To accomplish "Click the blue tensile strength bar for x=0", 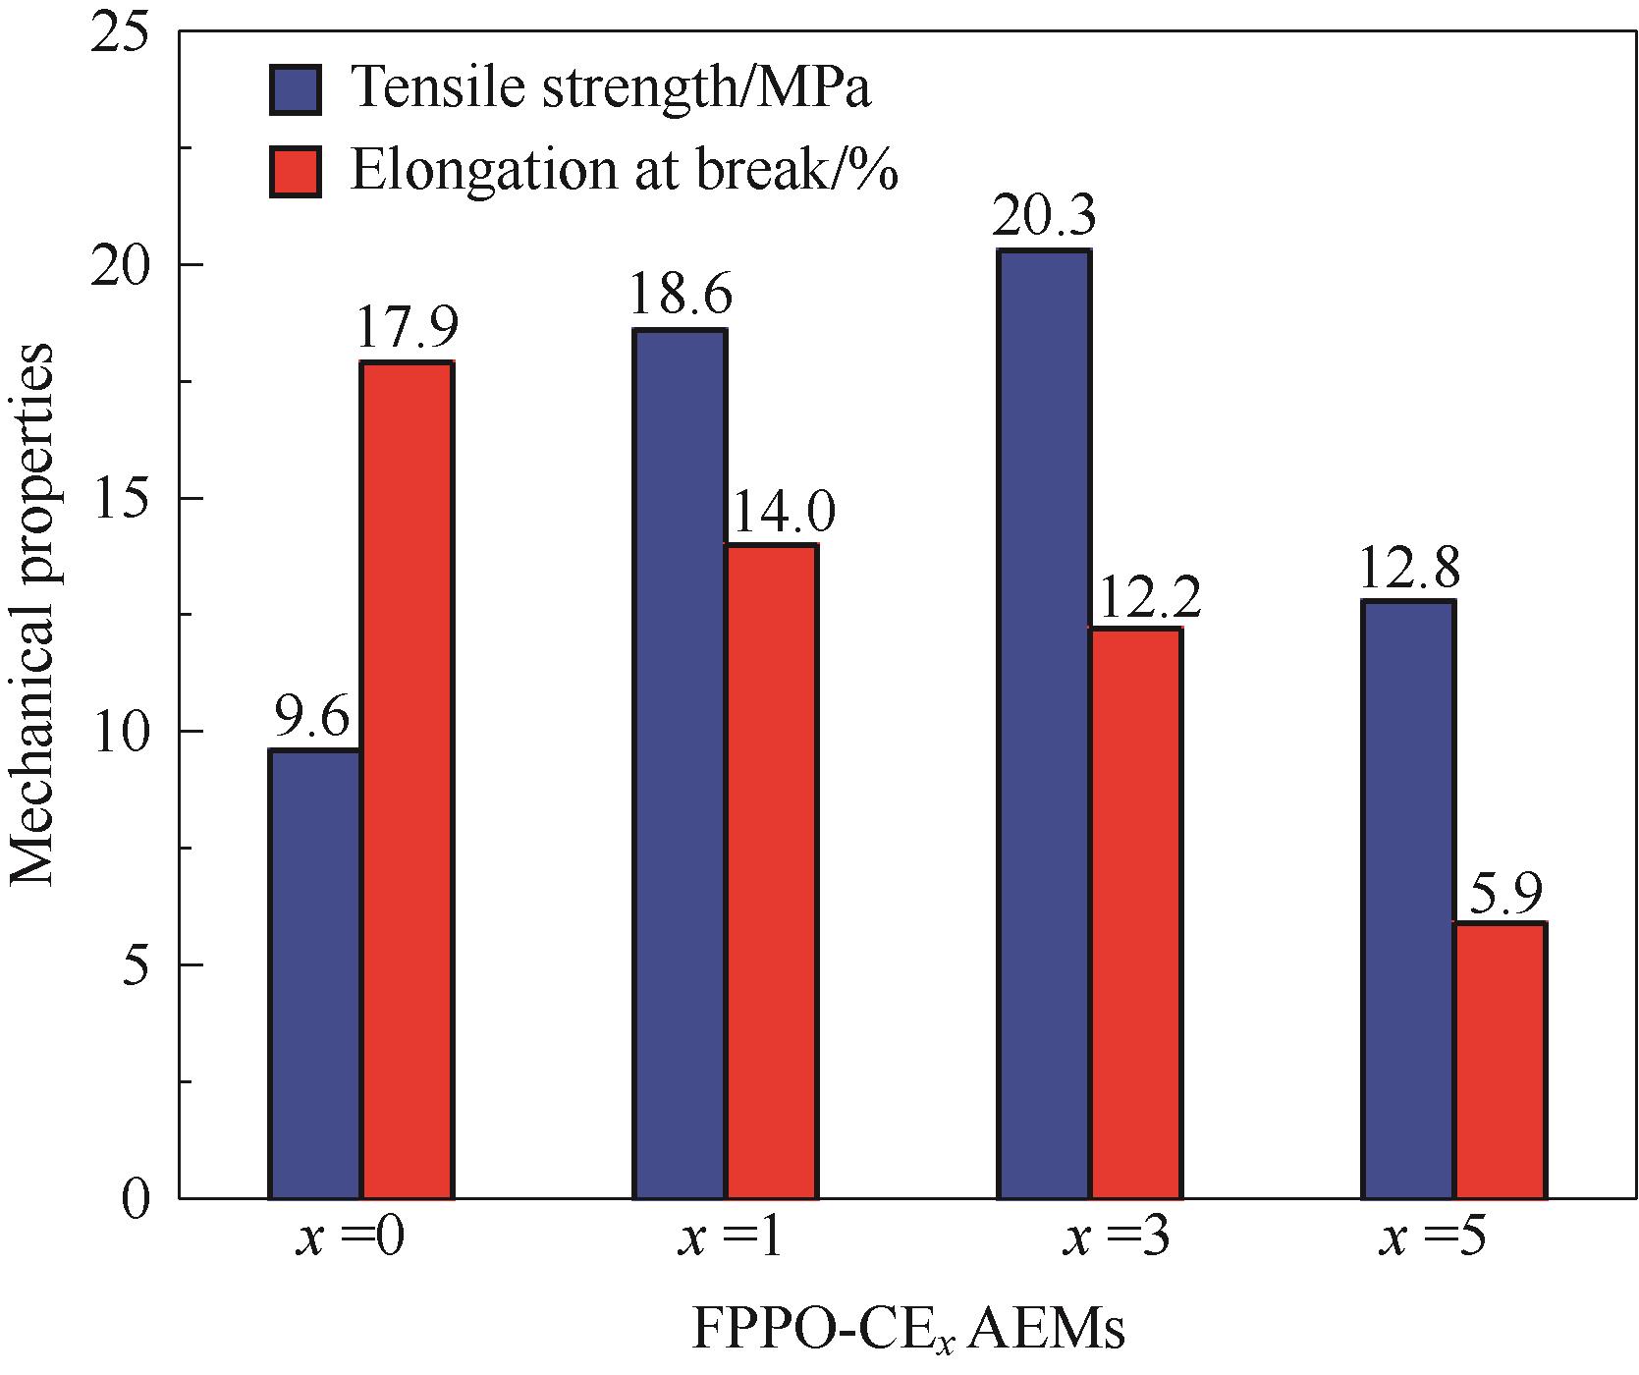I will pos(314,972).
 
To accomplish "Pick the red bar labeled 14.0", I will pos(771,870).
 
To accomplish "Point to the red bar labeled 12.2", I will pos(1135,912).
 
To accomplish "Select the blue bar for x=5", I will pos(1408,899).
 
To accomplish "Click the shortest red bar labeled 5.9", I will pos(1500,1060).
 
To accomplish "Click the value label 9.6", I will pos(311,721).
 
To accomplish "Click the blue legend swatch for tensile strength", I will pos(295,89).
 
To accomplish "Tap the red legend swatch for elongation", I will pos(295,172).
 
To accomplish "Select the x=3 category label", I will pos(1115,1240).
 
